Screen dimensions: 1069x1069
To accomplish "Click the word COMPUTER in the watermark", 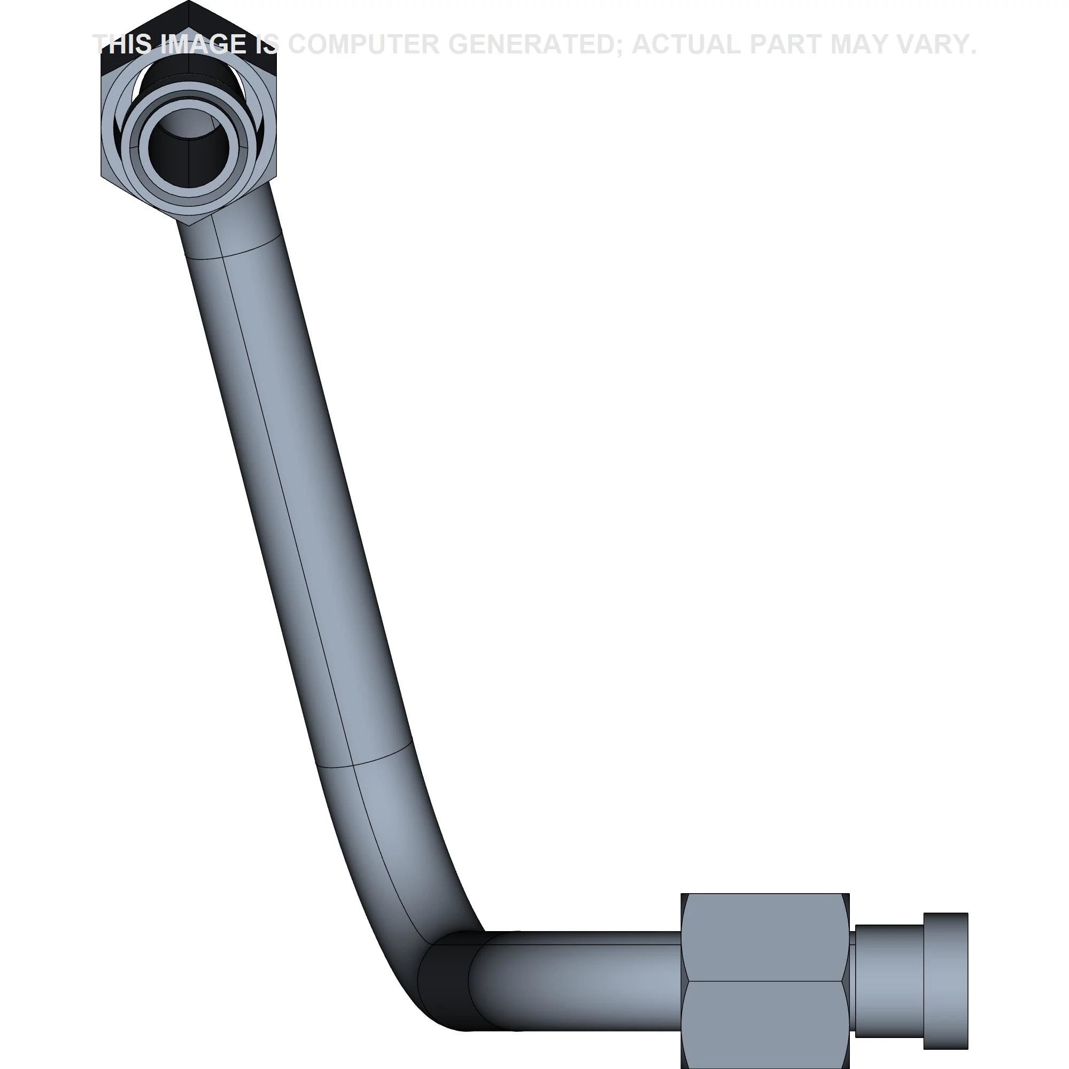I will pyautogui.click(x=363, y=44).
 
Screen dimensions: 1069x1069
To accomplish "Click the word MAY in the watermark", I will pyautogui.click(x=860, y=44).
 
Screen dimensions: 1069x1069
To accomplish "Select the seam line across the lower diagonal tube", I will pyautogui.click(x=365, y=757).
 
